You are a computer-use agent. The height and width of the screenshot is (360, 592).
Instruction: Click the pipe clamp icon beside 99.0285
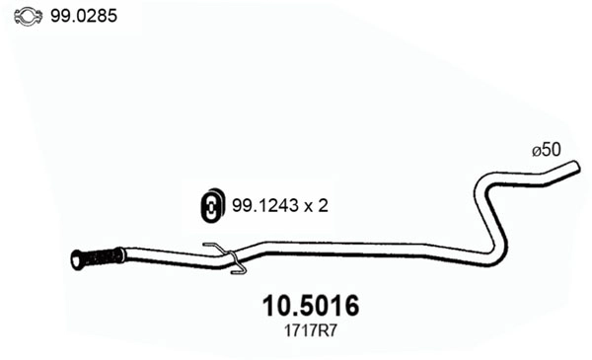tap(28, 16)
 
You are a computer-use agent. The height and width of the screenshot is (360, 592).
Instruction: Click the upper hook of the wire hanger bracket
tap(209, 246)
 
